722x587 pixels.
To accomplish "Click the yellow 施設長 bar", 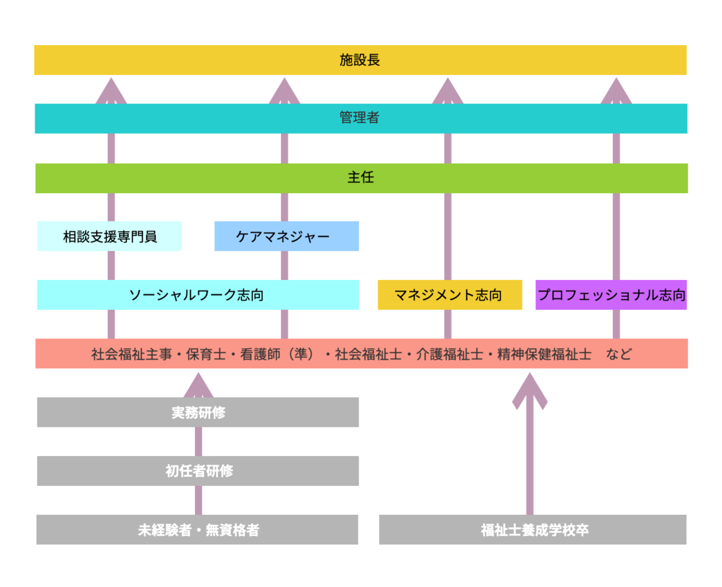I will coord(360,60).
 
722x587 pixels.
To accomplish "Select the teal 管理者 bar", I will coord(360,118).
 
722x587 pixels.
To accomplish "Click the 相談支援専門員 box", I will coord(109,236).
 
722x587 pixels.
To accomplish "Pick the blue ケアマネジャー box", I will coord(286,236).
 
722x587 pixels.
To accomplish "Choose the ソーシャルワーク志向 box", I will coord(198,295).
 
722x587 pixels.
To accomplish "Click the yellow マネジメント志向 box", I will coord(449,295).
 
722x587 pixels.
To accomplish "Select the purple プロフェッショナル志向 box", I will coord(611,295).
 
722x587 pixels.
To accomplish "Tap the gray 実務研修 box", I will coord(198,412).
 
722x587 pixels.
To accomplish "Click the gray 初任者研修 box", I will coord(198,471).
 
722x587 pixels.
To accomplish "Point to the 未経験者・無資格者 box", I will coord(198,530).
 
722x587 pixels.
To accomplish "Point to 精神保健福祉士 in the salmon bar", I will coord(544,354).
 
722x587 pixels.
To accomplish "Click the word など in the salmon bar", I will coord(619,354).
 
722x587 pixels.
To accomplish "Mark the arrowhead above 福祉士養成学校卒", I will coord(529,390).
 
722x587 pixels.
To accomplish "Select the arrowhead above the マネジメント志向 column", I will coord(448,91).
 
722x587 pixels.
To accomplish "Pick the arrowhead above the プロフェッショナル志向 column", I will coord(616,91).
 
